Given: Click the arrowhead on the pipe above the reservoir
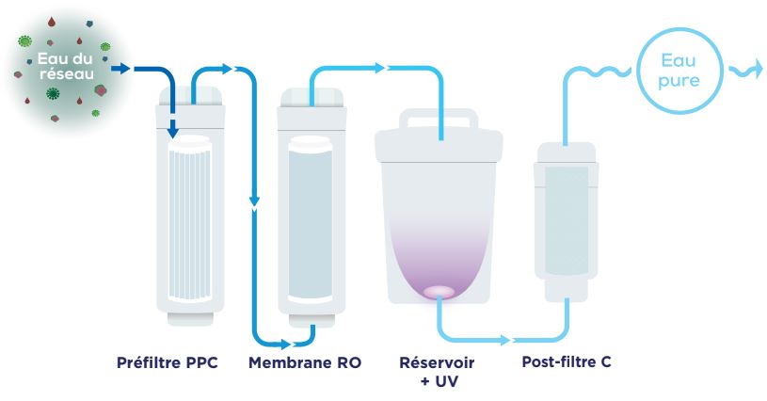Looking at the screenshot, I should tap(381, 68).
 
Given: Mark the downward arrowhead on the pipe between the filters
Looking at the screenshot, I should tap(254, 200).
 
